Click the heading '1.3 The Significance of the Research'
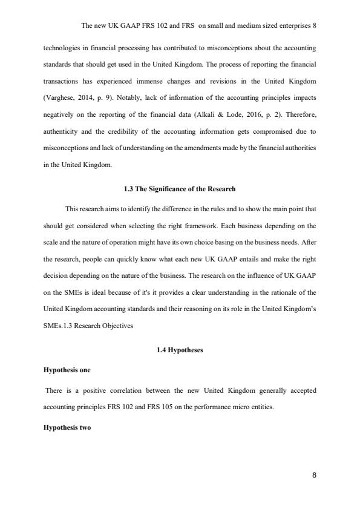[180, 189]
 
